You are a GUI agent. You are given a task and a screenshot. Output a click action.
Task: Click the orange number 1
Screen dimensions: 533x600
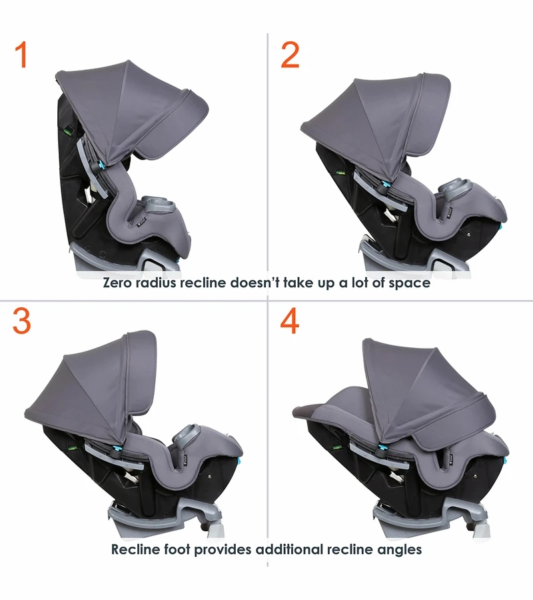[22, 55]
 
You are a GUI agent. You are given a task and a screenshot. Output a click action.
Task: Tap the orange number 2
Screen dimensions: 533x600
[290, 55]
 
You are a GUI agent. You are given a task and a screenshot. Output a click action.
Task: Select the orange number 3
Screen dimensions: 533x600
[22, 321]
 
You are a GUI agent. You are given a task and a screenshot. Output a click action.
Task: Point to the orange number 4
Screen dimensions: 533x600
[289, 321]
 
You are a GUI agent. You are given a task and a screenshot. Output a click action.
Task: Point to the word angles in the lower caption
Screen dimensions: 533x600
[400, 550]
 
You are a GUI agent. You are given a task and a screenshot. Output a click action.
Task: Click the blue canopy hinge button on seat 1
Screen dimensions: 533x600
[103, 166]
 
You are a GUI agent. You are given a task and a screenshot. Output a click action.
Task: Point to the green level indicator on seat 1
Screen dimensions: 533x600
[68, 132]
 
